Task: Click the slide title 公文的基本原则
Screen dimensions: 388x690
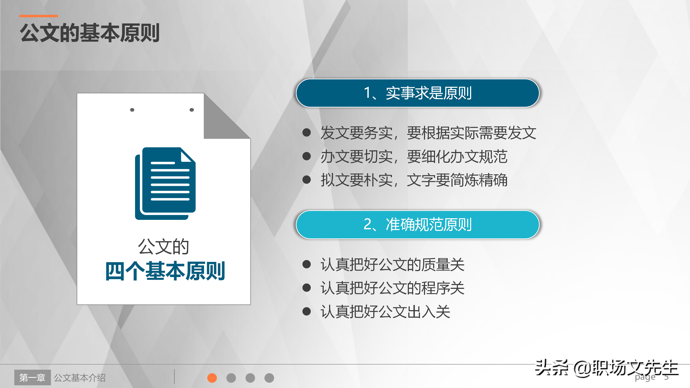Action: click(x=90, y=33)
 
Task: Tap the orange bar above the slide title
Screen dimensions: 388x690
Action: click(x=39, y=16)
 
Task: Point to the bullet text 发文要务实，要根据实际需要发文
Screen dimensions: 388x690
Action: click(x=428, y=133)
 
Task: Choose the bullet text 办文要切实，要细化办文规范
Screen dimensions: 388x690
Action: click(x=414, y=157)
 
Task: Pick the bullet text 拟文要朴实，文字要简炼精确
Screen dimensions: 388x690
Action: click(x=414, y=180)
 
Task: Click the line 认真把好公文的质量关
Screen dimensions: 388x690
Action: click(x=392, y=264)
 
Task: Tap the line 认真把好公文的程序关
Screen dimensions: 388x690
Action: click(x=392, y=288)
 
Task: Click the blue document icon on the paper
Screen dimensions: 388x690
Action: click(x=165, y=183)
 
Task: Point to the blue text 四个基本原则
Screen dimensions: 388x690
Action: click(x=165, y=271)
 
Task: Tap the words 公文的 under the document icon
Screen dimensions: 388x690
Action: click(x=163, y=246)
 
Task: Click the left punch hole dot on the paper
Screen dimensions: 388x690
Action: click(x=132, y=110)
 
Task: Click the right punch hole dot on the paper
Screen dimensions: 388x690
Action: click(x=192, y=110)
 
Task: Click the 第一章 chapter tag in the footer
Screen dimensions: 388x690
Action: click(x=32, y=377)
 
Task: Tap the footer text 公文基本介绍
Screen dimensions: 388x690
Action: click(x=80, y=378)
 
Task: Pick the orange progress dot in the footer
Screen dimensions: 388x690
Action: click(x=212, y=378)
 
